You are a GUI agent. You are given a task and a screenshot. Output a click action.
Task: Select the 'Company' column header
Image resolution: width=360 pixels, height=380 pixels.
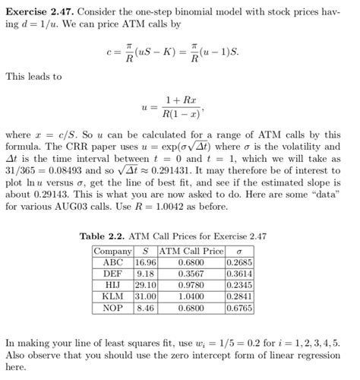112,251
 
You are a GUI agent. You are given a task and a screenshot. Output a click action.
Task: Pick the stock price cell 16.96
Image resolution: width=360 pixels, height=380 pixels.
144,262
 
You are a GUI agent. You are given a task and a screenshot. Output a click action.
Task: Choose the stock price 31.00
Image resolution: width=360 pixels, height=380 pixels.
144,296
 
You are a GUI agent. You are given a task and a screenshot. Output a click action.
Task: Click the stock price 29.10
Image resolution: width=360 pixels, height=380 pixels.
144,285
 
